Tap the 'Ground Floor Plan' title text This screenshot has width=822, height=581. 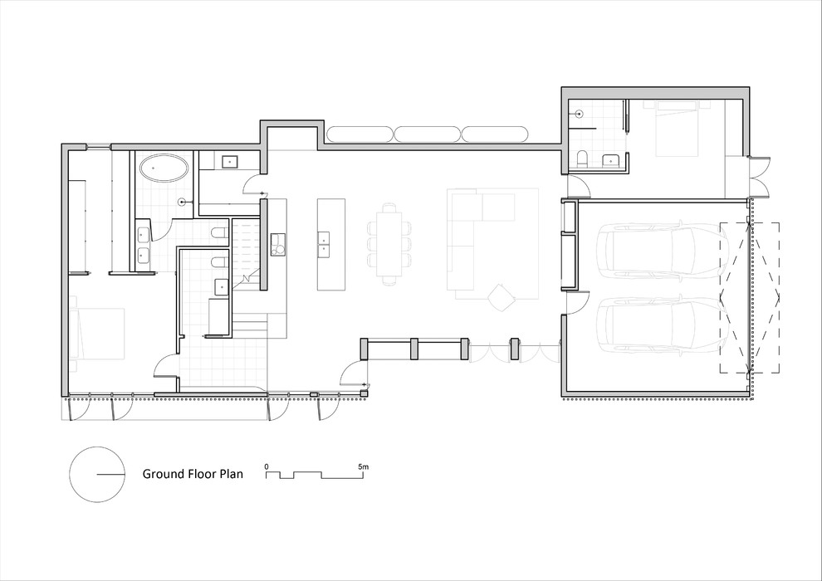[193, 474]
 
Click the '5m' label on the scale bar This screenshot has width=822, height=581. [364, 466]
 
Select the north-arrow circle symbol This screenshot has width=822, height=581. [97, 475]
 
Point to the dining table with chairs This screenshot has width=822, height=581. [389, 244]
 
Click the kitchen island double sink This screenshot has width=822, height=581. [324, 245]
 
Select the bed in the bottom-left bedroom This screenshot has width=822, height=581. [97, 333]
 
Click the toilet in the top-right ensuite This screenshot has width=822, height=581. [582, 159]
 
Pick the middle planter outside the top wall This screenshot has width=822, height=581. [428, 134]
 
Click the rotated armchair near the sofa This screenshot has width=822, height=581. [502, 297]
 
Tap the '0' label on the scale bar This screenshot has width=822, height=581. [267, 466]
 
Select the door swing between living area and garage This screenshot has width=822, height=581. [575, 302]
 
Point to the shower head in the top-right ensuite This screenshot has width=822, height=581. [580, 113]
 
